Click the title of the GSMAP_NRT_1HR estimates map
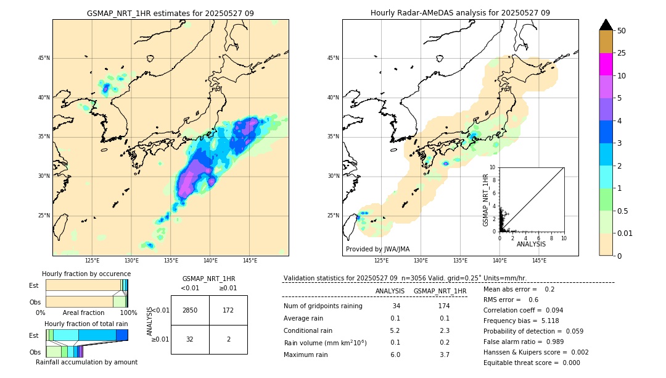pos(170,13)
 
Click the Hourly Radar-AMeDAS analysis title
pos(460,13)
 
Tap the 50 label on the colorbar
pos(622,31)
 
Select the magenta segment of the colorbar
pos(606,64)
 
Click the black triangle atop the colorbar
pos(606,25)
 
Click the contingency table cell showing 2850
pos(190,310)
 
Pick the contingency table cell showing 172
pos(228,310)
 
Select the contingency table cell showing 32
pos(190,339)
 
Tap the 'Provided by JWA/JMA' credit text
pos(377,249)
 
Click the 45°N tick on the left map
pos(43,58)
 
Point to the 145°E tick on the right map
pos(539,261)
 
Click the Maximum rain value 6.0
pos(395,355)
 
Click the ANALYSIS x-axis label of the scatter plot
pos(531,244)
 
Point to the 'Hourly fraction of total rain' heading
pos(86,324)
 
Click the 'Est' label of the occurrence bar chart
pos(33,285)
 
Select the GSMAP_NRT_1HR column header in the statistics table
pos(440,291)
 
